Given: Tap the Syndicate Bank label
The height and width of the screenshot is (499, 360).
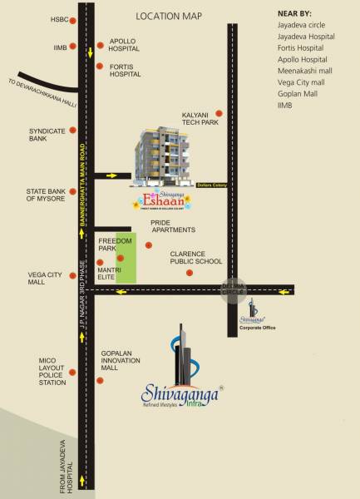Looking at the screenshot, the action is coord(42,135).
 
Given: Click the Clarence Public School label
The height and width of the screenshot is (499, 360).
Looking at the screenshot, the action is coord(196,257).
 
